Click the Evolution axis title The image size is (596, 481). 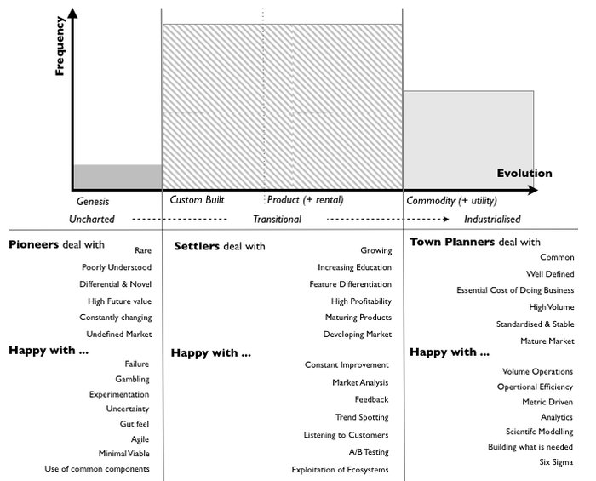[x=524, y=173]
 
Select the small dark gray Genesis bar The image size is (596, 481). [x=117, y=176]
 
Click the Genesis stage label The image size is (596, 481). [x=92, y=202]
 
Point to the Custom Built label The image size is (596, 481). [x=197, y=200]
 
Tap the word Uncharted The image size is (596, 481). [x=92, y=219]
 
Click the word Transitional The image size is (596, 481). [x=277, y=219]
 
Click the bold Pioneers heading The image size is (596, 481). [x=34, y=245]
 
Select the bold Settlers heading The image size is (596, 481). [x=197, y=247]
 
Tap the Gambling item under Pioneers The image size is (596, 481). [x=132, y=379]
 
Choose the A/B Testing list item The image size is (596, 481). [x=369, y=451]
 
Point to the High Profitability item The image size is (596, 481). [x=361, y=301]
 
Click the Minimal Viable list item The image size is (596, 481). [x=124, y=453]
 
